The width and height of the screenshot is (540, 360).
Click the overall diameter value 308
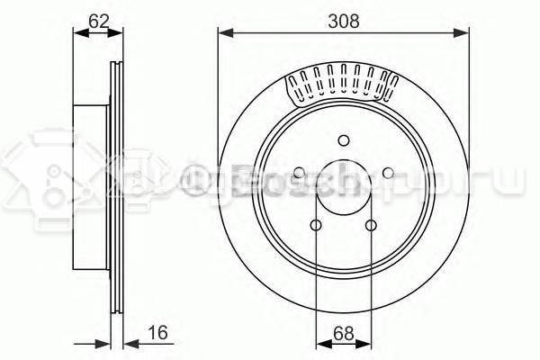344,19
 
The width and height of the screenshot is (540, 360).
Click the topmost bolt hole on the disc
343,139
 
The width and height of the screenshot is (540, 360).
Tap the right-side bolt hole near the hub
387,172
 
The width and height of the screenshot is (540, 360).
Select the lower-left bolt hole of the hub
316,225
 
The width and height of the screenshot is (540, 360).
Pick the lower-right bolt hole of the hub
371,225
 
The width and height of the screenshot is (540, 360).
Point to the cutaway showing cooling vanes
342,84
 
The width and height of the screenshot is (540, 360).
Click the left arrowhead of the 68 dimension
320,342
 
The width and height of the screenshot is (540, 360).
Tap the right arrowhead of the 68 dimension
366,342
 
